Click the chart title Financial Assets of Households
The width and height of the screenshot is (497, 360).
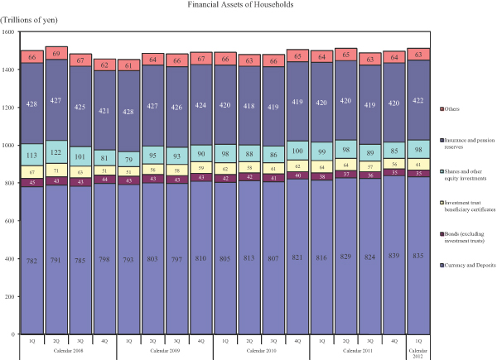tap(248, 5)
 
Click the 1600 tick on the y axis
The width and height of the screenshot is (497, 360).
tap(9, 31)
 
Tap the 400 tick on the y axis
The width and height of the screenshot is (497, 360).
tap(10, 259)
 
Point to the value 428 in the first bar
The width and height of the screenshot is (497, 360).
tap(31, 104)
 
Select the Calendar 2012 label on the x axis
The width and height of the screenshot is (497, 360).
tap(418, 353)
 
